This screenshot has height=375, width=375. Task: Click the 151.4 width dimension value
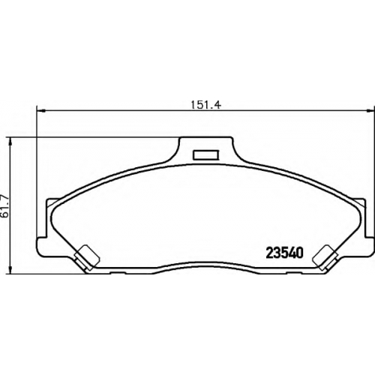pyautogui.click(x=205, y=105)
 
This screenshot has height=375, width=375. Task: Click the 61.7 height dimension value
pyautogui.click(x=5, y=205)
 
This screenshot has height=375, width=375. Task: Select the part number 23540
pyautogui.click(x=285, y=253)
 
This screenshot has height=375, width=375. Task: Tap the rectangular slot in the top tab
pyautogui.click(x=206, y=154)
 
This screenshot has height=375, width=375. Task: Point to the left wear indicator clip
pyautogui.click(x=86, y=257)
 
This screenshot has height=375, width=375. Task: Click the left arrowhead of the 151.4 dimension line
pyautogui.click(x=40, y=109)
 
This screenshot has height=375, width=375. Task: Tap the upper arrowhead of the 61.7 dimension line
pyautogui.click(x=10, y=141)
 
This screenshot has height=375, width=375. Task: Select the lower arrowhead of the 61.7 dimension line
pyautogui.click(x=10, y=271)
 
